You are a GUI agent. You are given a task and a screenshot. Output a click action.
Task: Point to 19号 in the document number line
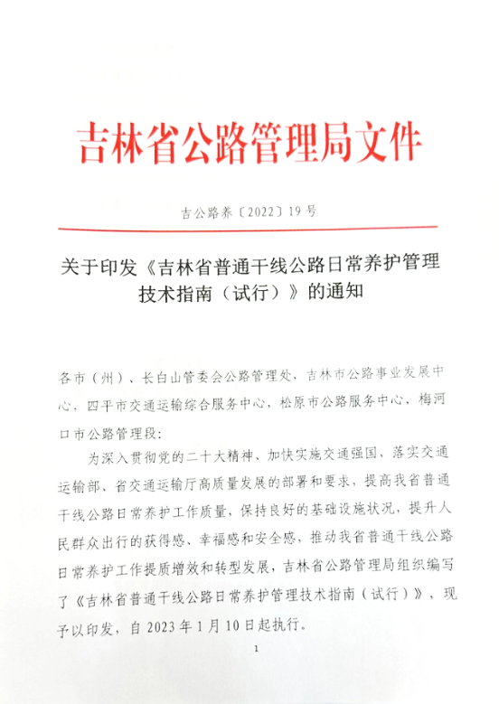[x=303, y=213]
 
